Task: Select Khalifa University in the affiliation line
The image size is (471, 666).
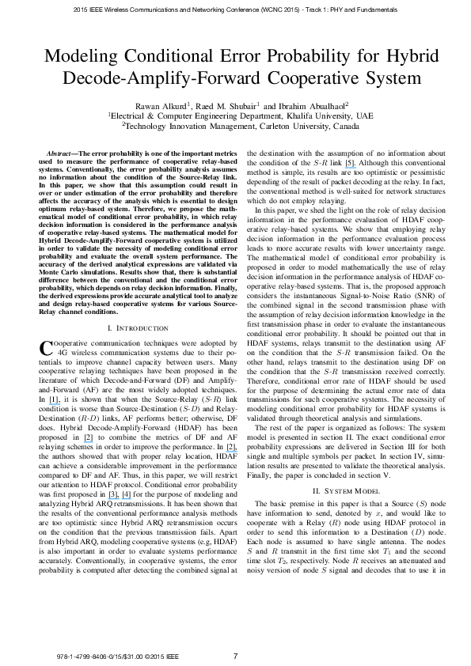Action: (x=317, y=115)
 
